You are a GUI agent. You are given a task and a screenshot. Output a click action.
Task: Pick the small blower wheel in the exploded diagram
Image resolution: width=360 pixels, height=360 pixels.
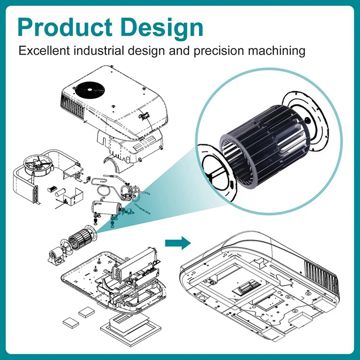tap(80, 237)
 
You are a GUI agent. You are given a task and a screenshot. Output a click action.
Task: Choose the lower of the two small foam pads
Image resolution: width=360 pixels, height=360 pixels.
tap(71, 322)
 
